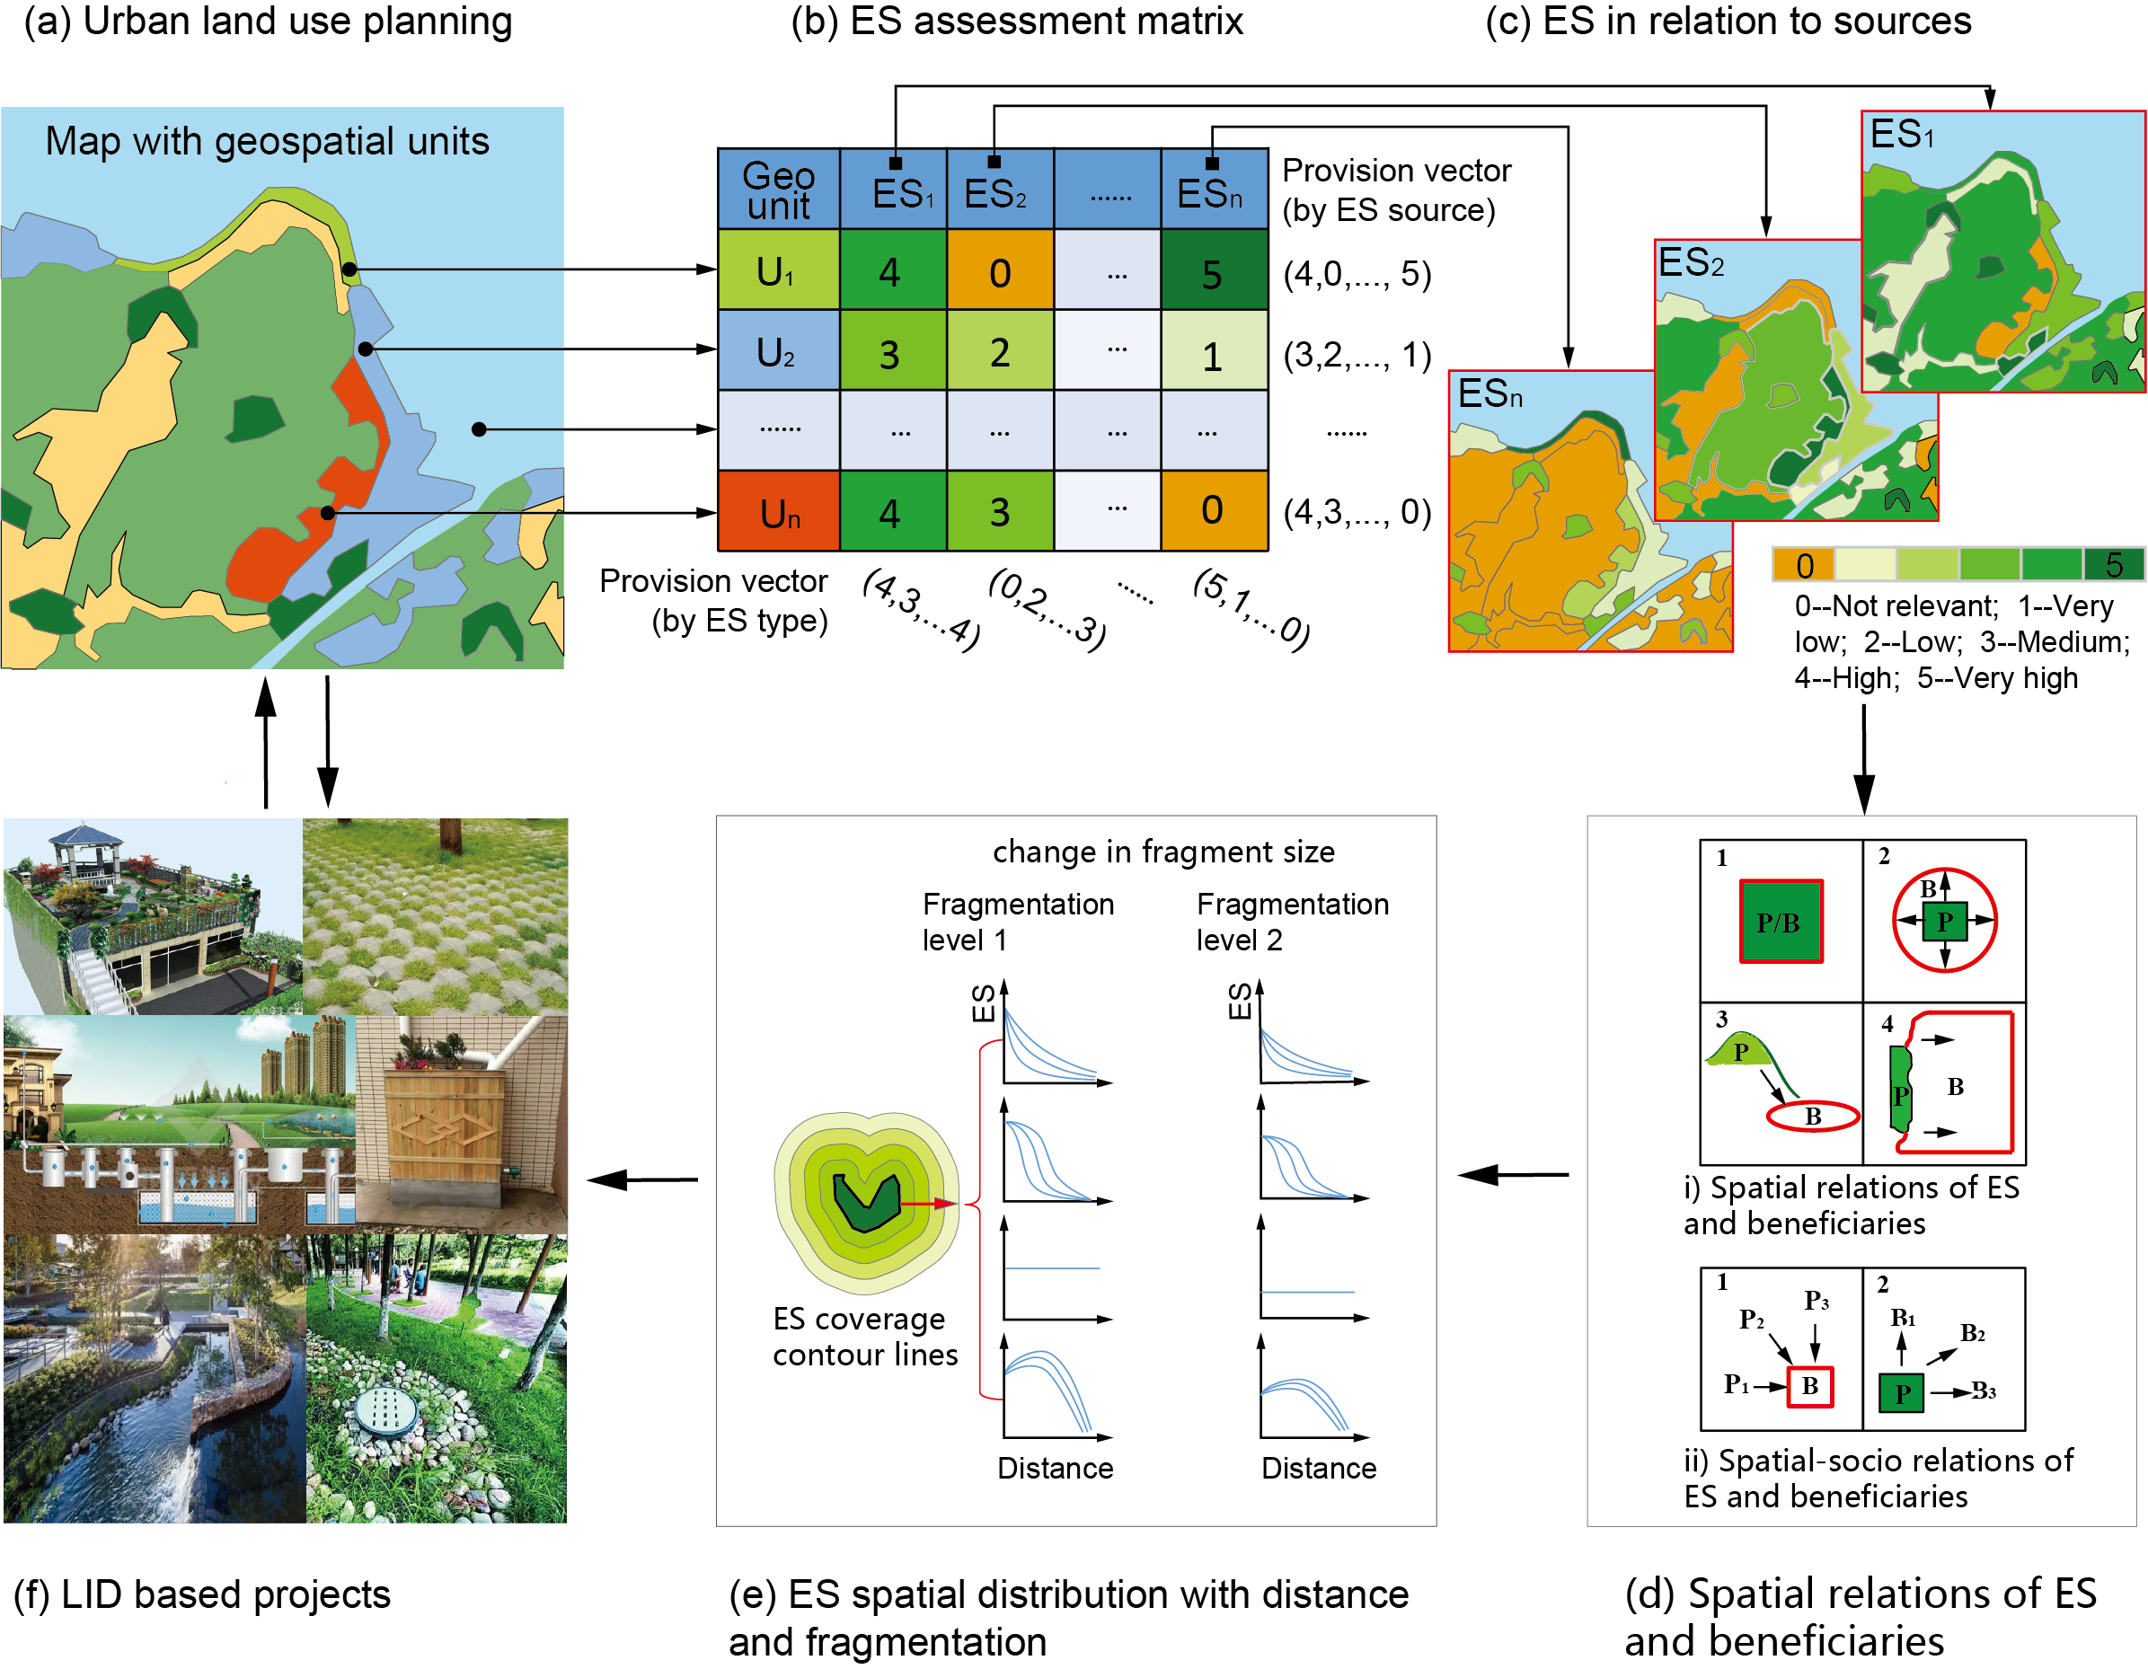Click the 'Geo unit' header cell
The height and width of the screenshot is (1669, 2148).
tap(778, 190)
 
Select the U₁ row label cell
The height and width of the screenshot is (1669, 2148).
tap(778, 270)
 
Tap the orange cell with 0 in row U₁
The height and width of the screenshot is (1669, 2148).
tap(999, 271)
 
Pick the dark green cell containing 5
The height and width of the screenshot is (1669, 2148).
tap(1214, 271)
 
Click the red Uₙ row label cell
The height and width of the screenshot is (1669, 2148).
tap(778, 512)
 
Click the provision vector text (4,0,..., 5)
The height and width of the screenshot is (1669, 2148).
tap(1357, 273)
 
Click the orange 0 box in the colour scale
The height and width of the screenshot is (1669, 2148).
tap(1803, 564)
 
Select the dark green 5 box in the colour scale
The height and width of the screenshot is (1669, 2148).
tap(2113, 564)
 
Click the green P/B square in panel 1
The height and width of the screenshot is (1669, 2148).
tap(1781, 922)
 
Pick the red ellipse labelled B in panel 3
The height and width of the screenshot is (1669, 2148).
tap(1813, 1117)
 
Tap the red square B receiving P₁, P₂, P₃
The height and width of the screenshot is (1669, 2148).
tap(1809, 1387)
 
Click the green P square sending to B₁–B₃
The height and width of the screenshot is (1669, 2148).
tap(1901, 1392)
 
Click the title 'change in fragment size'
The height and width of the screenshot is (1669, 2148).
tap(1163, 852)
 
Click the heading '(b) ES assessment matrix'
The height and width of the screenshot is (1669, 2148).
tap(1017, 22)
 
